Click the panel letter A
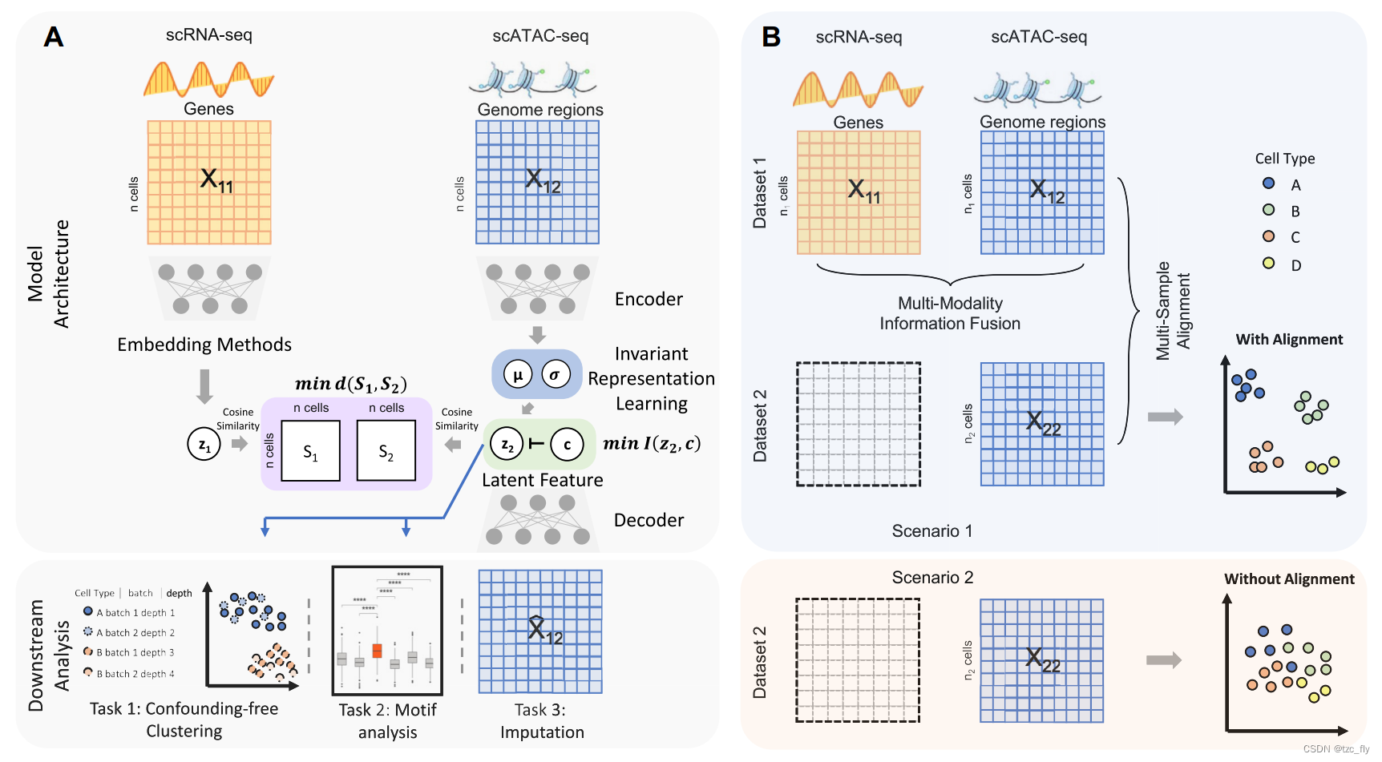pos(53,37)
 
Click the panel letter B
pos(771,37)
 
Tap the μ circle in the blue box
pos(518,374)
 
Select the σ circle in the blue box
pos(555,374)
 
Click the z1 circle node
pos(204,444)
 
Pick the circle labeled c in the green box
pos(568,444)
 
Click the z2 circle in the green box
pos(507,444)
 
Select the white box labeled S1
pos(310,452)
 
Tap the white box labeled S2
pos(386,452)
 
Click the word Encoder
pos(649,299)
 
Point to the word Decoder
pos(649,520)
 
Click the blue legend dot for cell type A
pos(1268,183)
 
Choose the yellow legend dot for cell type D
pos(1268,263)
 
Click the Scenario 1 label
pos(931,530)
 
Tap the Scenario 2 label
pos(932,577)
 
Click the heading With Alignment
pos(1289,339)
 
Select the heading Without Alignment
pos(1289,579)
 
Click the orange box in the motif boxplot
pos(377,650)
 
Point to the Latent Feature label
pos(542,480)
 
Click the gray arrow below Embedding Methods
pos(204,386)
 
